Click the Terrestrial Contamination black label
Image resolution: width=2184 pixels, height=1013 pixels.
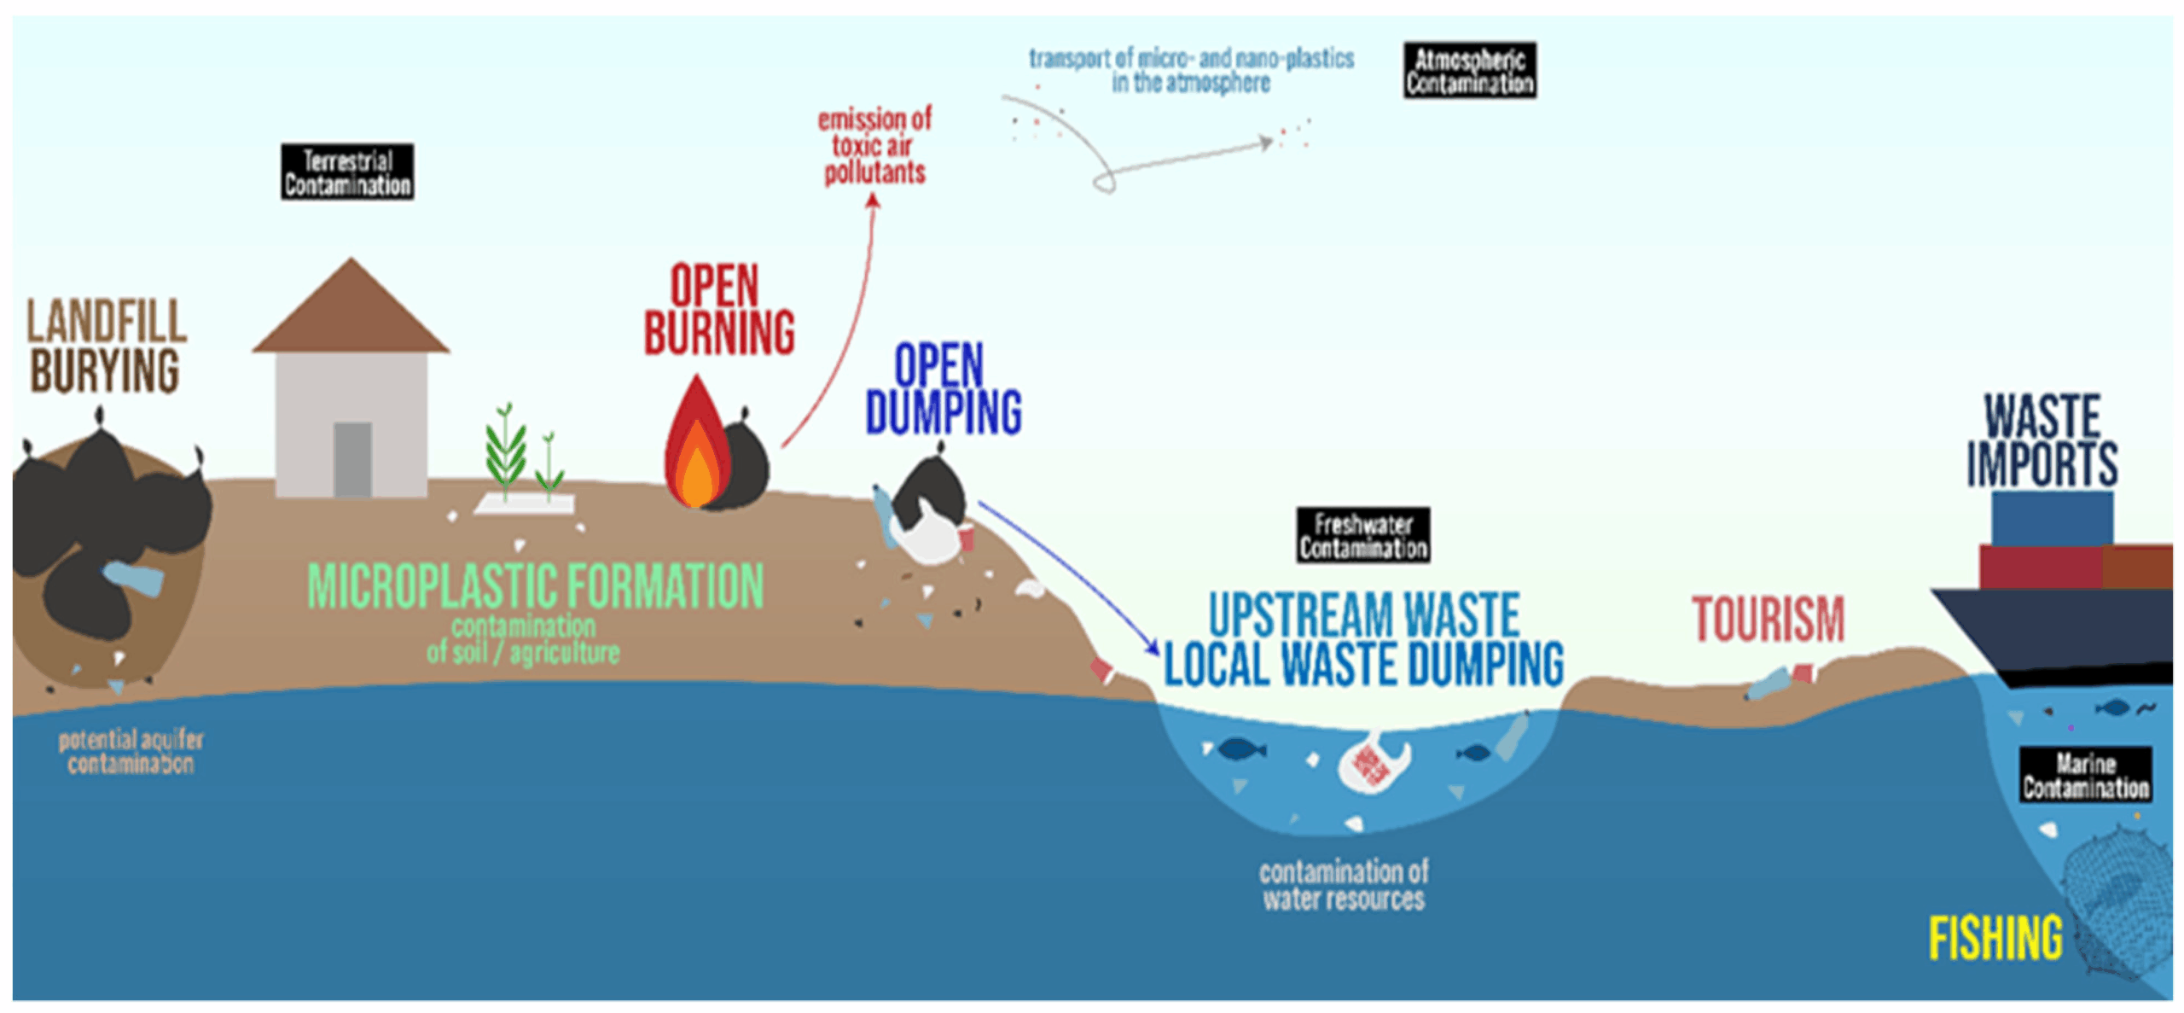point(347,172)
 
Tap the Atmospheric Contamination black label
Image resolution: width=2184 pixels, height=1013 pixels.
point(1469,70)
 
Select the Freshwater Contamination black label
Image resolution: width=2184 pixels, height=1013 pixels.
point(1362,535)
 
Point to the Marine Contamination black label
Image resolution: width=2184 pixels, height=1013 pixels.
point(2084,774)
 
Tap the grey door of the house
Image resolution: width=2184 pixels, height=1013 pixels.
point(352,459)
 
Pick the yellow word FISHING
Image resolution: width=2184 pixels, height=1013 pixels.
point(1995,938)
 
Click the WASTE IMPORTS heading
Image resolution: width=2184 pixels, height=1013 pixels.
point(2042,440)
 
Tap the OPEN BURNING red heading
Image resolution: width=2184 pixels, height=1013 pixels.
point(718,309)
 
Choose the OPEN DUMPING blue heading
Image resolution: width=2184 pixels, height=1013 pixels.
point(943,389)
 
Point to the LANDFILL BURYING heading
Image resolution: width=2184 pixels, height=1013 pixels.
point(106,346)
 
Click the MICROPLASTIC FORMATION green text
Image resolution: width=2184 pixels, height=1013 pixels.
point(535,586)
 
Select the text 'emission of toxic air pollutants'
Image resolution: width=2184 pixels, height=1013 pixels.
point(874,146)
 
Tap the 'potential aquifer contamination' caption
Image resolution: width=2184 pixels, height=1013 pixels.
point(131,751)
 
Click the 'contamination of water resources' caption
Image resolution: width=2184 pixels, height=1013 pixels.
point(1343,885)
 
